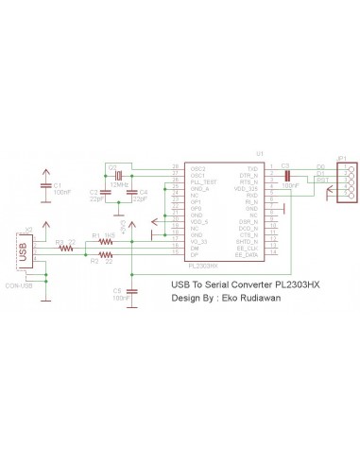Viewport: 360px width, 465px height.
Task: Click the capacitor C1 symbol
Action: pyautogui.click(x=45, y=186)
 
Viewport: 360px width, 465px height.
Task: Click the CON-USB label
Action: pyautogui.click(x=18, y=285)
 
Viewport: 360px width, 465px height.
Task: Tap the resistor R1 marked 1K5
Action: pyautogui.click(x=105, y=243)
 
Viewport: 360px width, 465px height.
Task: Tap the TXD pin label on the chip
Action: pyautogui.click(x=252, y=168)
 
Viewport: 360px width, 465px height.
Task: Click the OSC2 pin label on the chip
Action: pyautogui.click(x=197, y=168)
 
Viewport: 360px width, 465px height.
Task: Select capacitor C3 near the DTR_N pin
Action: pyautogui.click(x=286, y=174)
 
